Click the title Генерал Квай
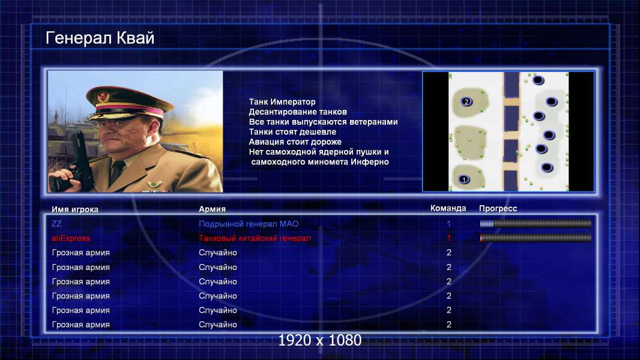(x=100, y=38)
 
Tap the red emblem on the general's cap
(x=103, y=96)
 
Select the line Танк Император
(x=282, y=102)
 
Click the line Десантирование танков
(x=298, y=112)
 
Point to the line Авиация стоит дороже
(x=295, y=142)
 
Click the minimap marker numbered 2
(x=466, y=101)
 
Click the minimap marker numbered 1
(x=463, y=179)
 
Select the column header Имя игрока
(x=74, y=209)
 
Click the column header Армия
(x=213, y=209)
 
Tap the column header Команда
(x=448, y=208)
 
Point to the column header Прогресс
(x=498, y=208)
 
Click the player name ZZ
(x=56, y=223)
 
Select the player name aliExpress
(x=71, y=238)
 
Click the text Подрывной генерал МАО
(x=249, y=224)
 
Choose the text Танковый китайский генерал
(x=255, y=238)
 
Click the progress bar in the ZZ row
(x=536, y=223)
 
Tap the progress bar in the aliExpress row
(x=536, y=238)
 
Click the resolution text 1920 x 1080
(x=320, y=340)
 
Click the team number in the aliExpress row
(x=448, y=238)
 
